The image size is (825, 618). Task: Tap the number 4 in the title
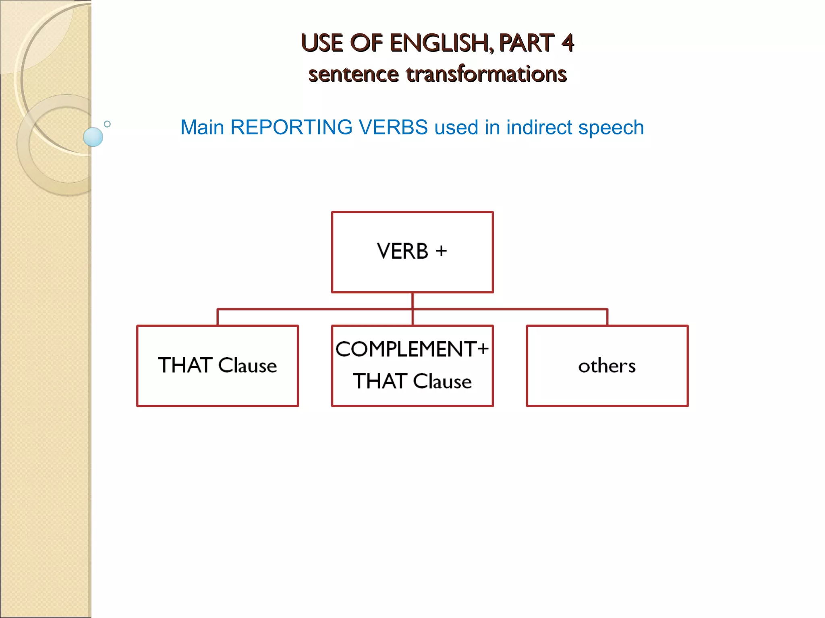point(567,43)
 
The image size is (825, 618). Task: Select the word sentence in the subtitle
point(353,74)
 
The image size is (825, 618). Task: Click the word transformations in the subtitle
point(486,74)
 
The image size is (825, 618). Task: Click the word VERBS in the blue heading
point(393,128)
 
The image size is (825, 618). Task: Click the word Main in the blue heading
point(202,128)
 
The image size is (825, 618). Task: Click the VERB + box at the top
point(412,252)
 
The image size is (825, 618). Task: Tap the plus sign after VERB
point(441,251)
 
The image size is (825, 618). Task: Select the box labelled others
point(607,366)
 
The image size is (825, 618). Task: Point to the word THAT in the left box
point(185,365)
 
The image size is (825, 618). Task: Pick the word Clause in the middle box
point(442,381)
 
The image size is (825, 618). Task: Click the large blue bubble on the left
point(93,137)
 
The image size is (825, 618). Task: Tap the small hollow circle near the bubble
point(107,124)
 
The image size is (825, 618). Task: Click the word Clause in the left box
point(247,365)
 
